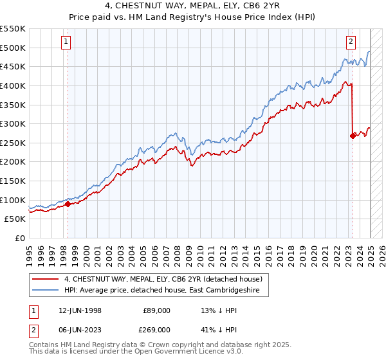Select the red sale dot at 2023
pos(353,136)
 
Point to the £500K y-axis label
pos(13,48)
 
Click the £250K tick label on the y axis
pos(13,143)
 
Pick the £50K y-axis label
pos(15,219)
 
